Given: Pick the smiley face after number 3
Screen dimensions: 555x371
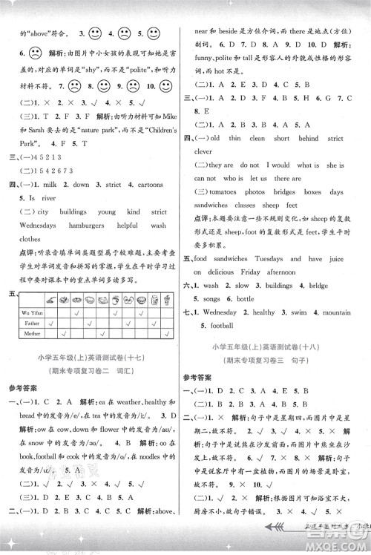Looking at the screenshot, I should pos(95,33).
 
